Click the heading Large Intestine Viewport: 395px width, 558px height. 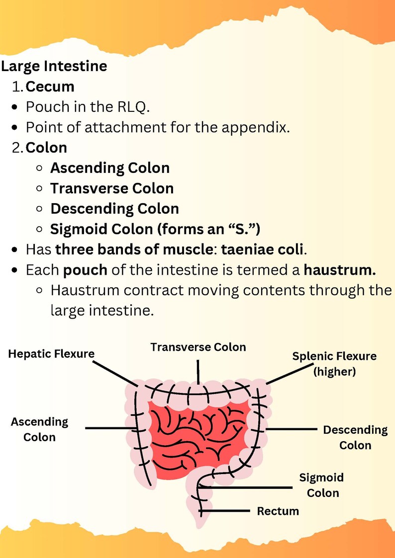coord(54,67)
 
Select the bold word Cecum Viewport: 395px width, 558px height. coord(50,86)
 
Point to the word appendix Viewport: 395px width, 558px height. coord(256,127)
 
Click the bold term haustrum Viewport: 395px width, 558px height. coord(340,270)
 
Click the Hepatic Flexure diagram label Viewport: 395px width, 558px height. coord(51,354)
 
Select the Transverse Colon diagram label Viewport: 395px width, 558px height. coord(198,347)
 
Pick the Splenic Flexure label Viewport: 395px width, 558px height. coord(334,356)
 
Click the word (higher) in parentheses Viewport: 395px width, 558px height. coord(334,372)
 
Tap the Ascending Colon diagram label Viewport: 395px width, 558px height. coord(39,429)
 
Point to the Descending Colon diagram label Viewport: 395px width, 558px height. coord(355,437)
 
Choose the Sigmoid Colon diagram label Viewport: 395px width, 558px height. coord(322,485)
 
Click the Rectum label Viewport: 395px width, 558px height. coord(278,511)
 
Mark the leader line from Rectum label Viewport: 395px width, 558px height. coord(225,511)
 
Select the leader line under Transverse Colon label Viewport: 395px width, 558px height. coord(198,372)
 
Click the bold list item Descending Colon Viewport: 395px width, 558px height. coord(115,209)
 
